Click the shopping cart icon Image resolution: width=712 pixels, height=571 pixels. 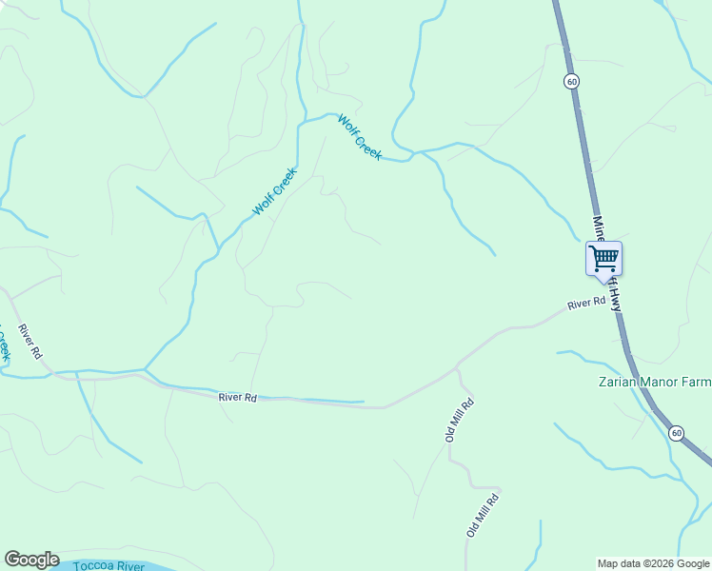[x=603, y=258]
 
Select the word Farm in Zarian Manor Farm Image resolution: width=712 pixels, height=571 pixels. [x=694, y=383]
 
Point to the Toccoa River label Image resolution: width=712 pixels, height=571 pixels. [x=109, y=566]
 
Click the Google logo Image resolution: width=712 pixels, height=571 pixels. [x=31, y=560]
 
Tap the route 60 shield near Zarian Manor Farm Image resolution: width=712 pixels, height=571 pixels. [x=675, y=433]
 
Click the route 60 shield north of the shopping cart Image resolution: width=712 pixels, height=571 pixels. [x=570, y=82]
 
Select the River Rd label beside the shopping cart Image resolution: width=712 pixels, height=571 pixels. [x=586, y=304]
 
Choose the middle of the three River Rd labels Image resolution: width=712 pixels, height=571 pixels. [x=237, y=397]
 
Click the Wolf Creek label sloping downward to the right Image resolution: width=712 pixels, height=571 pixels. [x=360, y=137]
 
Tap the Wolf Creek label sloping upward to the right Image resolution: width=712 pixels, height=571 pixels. [x=274, y=191]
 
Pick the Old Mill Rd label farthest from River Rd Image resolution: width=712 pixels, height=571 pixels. [x=483, y=515]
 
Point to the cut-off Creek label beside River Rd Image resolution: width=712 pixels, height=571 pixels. [x=4, y=343]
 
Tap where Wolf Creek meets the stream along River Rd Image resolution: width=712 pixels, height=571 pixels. [x=145, y=370]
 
